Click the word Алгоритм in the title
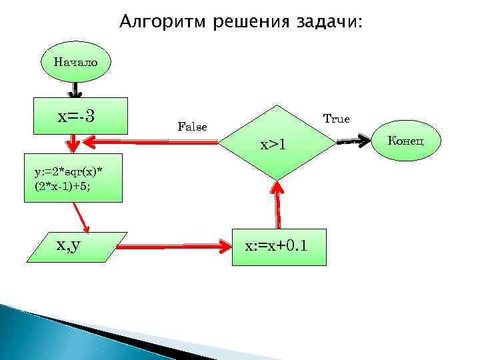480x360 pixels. click(x=162, y=23)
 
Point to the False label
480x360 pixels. click(x=192, y=126)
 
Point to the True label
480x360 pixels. click(x=336, y=119)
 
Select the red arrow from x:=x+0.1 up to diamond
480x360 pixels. click(x=277, y=207)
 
